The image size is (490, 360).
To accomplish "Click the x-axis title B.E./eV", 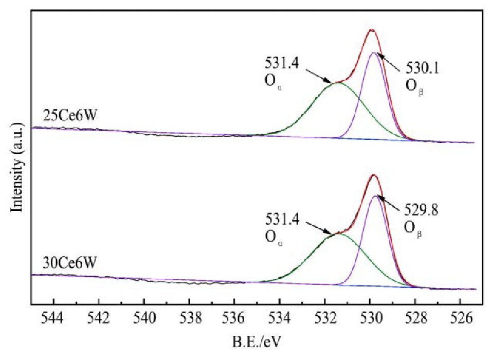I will point(259,341).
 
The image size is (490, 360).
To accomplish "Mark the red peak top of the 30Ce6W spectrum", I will point(373,175).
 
